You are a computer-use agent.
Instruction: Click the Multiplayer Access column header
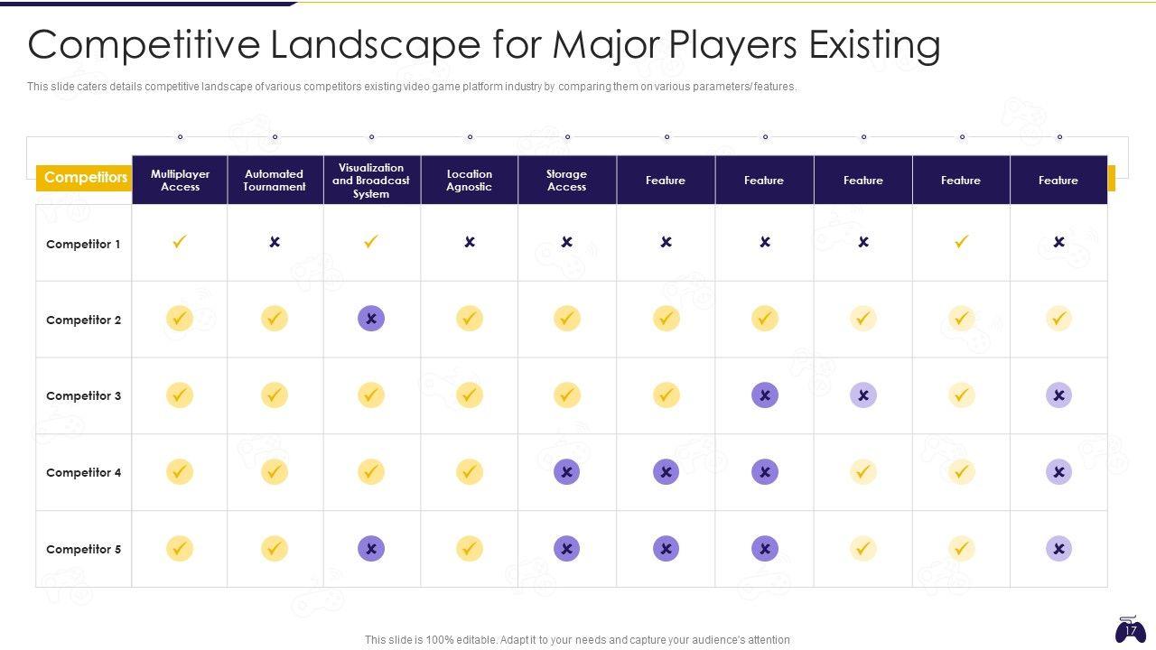[180, 181]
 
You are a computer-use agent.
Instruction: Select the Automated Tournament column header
[275, 181]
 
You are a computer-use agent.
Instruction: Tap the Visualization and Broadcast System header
[371, 181]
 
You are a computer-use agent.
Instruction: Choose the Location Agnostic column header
[470, 181]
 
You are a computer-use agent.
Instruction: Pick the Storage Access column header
[567, 181]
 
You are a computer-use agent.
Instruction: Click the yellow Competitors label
[85, 178]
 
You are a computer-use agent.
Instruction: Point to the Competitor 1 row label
[83, 244]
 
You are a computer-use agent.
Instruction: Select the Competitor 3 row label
[83, 395]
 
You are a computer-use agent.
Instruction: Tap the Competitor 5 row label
[83, 549]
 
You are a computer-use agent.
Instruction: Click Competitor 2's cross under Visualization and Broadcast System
[371, 318]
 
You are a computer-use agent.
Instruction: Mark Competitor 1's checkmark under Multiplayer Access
[180, 242]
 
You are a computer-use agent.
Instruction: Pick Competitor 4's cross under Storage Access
[567, 471]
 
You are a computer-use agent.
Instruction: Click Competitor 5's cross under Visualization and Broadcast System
[371, 548]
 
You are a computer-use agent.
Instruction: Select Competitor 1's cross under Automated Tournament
[275, 242]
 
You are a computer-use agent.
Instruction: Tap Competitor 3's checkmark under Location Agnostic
[470, 395]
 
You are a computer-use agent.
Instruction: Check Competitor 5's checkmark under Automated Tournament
[275, 548]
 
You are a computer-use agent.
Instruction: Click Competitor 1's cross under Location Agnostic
[470, 242]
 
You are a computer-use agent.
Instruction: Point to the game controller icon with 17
[1130, 629]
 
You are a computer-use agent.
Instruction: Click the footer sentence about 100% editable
[577, 640]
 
